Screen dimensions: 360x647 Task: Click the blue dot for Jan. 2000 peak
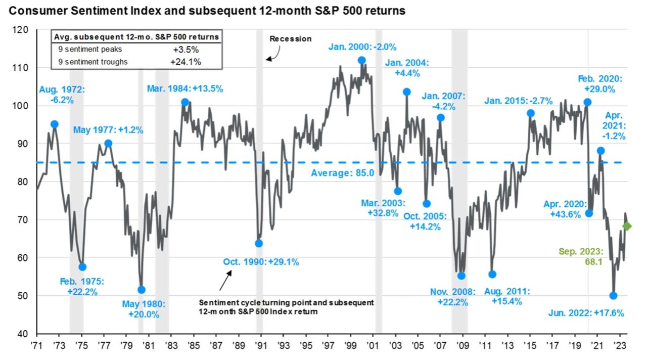[361, 60]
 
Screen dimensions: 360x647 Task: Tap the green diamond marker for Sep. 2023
[627, 226]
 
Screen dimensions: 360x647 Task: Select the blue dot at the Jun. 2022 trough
[614, 296]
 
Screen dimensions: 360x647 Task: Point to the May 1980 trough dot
[142, 290]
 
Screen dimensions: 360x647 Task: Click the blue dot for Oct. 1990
[259, 243]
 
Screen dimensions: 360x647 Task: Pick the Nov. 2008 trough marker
[461, 276]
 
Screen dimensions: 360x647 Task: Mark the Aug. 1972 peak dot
[54, 124]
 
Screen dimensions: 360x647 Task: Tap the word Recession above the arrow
[290, 39]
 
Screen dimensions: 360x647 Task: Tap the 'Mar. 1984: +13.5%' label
[185, 88]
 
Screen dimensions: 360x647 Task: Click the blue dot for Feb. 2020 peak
[587, 102]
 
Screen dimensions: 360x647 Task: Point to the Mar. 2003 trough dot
[398, 191]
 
